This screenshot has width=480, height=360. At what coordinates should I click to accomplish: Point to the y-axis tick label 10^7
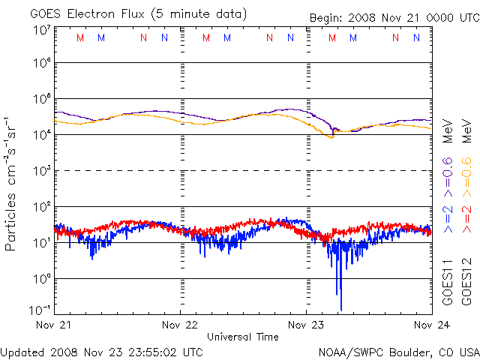pos(41,30)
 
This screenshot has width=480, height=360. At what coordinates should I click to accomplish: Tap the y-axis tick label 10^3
pos(41,171)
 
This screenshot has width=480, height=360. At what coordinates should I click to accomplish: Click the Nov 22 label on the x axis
pos(180,326)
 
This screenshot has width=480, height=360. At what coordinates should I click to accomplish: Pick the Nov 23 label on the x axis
pos(306,326)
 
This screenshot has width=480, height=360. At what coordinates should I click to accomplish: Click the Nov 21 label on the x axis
pos(55,326)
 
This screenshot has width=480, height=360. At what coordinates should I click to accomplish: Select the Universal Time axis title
pos(243,337)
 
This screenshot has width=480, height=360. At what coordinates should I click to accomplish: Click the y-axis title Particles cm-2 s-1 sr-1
pos(11,184)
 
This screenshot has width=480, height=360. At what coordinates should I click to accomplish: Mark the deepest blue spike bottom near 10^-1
pos(341,309)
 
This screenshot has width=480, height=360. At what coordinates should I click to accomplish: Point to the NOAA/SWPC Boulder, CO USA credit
pos(398,352)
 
